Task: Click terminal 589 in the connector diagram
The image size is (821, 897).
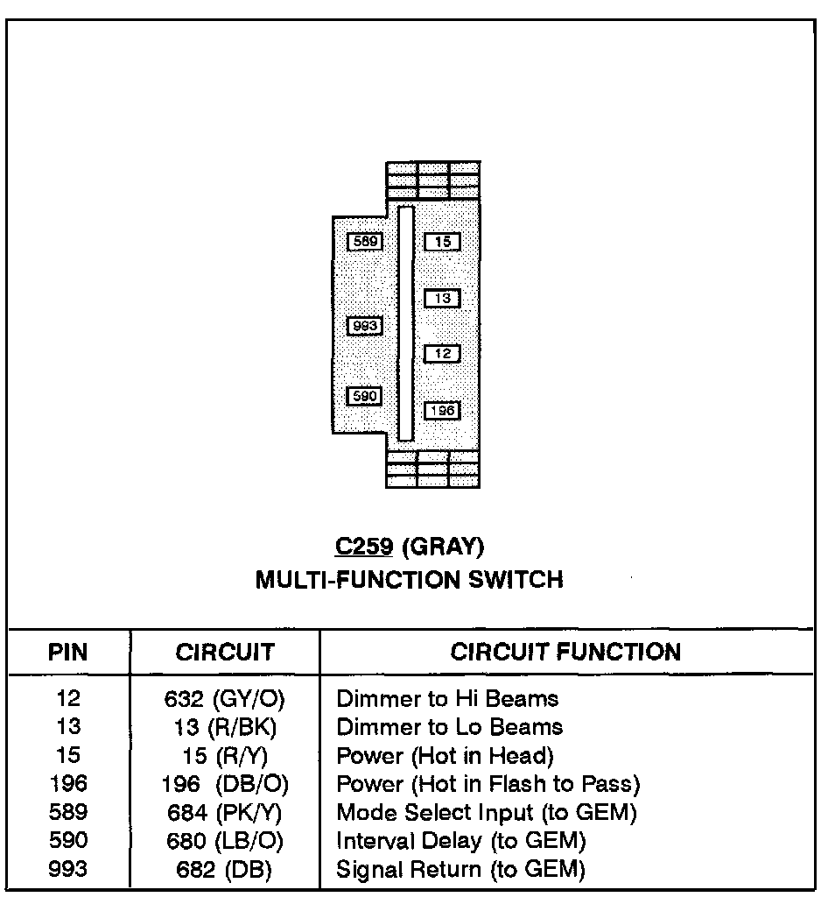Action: coord(365,241)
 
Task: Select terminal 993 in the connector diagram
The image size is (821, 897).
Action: coord(364,326)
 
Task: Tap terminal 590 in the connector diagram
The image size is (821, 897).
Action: coord(364,397)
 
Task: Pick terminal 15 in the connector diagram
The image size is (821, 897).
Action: coord(443,241)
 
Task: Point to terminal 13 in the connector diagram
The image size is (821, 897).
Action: coord(443,299)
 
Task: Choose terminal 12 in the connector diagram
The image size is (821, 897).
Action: coord(443,354)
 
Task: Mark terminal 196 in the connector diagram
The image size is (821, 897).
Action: coord(443,411)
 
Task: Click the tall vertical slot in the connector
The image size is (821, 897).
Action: coord(405,323)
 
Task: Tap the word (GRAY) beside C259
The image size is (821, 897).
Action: coord(443,547)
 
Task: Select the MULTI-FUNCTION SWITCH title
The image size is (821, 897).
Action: coord(410,580)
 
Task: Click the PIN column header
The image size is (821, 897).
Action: coord(67,653)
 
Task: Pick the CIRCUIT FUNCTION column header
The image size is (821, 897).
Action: coord(565,652)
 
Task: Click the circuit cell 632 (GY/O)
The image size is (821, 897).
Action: coord(225,699)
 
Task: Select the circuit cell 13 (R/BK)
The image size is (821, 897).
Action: coord(225,727)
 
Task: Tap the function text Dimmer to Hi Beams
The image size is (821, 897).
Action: coord(447,699)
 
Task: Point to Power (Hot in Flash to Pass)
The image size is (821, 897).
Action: coord(488,783)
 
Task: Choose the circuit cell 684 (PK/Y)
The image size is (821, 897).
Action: coord(225,812)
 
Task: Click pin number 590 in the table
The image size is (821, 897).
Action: coord(68,841)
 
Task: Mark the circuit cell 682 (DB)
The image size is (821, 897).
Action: coord(220,869)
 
